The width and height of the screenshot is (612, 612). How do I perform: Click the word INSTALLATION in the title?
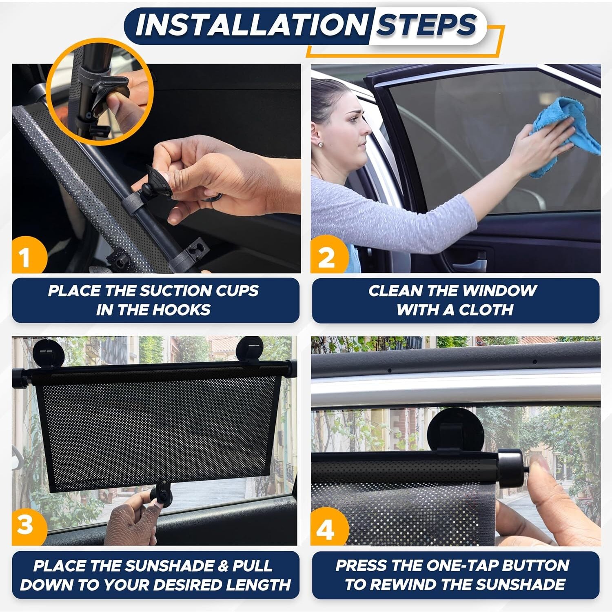251,25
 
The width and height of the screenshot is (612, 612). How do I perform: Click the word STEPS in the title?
426,25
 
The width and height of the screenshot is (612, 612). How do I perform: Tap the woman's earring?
321,144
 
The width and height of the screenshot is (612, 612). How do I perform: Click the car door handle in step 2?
469,261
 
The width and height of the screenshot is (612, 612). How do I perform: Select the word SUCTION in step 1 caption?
169,291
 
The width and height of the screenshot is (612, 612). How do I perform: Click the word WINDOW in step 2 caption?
499,291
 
